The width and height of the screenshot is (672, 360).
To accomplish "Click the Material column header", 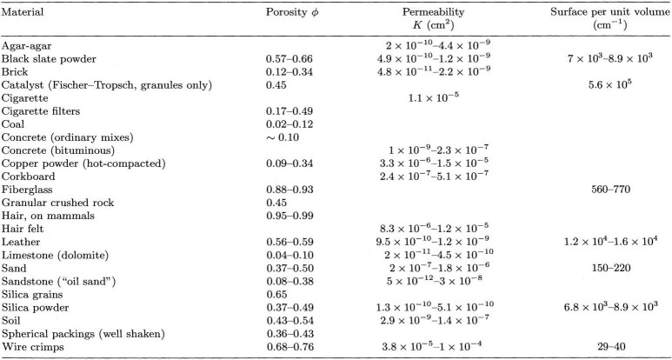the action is (23, 12).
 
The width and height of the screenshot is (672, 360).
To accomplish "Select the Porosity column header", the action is (292, 13).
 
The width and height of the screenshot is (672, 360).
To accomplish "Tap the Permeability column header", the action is (433, 18).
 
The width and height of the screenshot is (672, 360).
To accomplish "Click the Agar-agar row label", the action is (27, 45).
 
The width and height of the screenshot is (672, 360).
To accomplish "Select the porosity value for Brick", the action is (289, 71).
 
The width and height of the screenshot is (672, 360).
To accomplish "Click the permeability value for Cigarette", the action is (433, 97).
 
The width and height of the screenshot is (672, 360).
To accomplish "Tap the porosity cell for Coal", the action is (289, 124).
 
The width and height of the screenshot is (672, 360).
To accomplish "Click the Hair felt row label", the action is (23, 229).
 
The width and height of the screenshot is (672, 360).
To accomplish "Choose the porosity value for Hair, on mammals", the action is (289, 216).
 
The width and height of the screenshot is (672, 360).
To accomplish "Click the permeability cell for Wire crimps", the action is (433, 346).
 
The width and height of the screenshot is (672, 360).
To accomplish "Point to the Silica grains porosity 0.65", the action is (276, 295).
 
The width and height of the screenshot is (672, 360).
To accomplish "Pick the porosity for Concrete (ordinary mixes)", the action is (282, 137).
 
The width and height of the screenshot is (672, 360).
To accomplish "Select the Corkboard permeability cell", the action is (433, 177).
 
